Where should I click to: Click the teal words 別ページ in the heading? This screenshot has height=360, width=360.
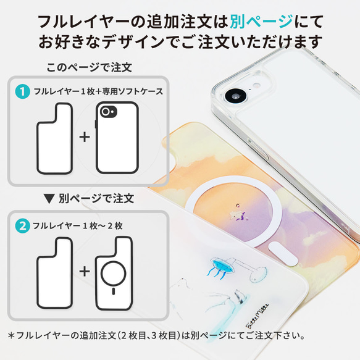(261, 21)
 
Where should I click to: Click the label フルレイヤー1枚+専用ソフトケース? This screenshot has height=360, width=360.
(98, 91)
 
